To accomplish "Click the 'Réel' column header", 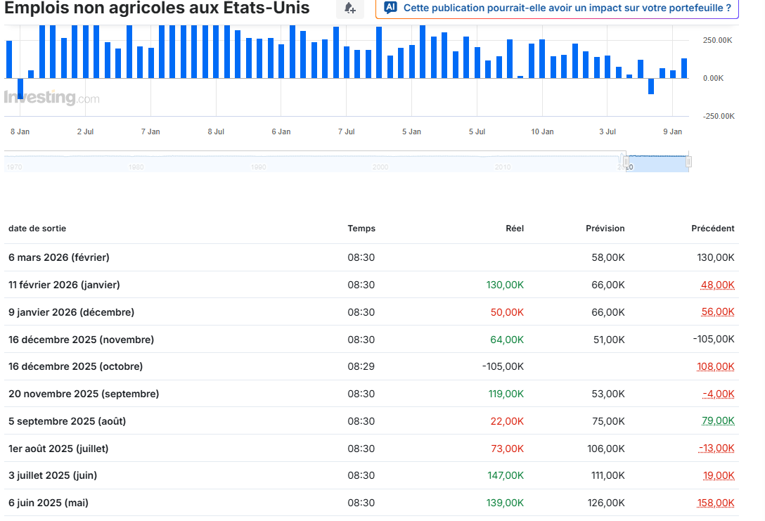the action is coord(514,229).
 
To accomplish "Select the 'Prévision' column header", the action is coord(605,229).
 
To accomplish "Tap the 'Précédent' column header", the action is coord(713,229).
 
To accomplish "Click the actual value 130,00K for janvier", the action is coord(505,285).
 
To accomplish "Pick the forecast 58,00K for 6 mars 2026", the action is coord(608,257).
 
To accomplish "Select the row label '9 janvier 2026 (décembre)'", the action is coord(71,312).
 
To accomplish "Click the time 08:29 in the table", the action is coord(361,366).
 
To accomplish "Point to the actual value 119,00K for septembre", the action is coord(506,394).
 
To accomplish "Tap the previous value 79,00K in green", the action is coord(718,420).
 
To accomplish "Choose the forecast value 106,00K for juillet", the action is coord(606,449).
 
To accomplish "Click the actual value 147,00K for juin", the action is coord(506,475).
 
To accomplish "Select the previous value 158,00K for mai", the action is coord(716,503).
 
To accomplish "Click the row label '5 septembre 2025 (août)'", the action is coord(67,421).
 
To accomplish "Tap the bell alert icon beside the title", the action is coord(350,8).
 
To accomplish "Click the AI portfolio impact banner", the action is coord(557,8).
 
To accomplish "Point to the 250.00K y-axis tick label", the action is coord(717,41).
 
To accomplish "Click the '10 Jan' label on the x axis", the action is coord(542,131).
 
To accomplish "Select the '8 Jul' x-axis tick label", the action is coord(216,131).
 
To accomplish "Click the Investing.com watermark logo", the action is coord(52,98).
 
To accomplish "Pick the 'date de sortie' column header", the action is coord(37,229).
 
